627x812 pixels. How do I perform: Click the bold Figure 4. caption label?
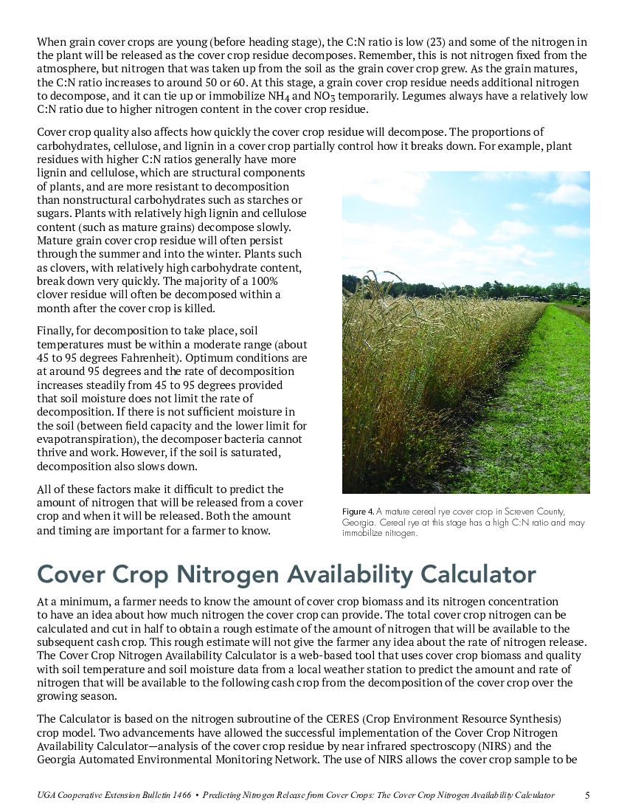click(358, 512)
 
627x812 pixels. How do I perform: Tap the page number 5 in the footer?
click(587, 795)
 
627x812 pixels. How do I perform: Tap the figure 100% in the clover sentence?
click(286, 281)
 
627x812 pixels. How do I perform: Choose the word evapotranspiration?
click(82, 438)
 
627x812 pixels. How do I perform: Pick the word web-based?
click(328, 656)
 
